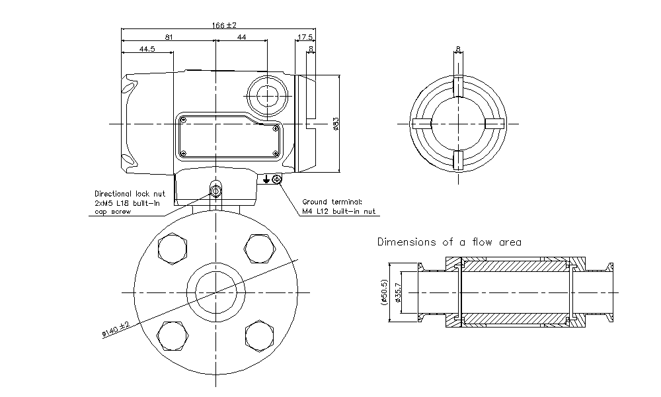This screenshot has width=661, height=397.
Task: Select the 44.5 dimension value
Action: (x=147, y=49)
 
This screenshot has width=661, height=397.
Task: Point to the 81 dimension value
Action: (x=169, y=38)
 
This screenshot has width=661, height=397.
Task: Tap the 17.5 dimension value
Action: (x=305, y=38)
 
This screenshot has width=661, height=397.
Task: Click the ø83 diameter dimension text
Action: (x=336, y=124)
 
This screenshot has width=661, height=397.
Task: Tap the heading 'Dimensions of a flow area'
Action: (x=449, y=242)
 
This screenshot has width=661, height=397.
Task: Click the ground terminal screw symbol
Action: (x=276, y=179)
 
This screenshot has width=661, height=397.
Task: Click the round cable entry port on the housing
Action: (x=267, y=96)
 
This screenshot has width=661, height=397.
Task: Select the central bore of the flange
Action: (x=215, y=291)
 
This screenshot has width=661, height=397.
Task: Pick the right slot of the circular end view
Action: (x=494, y=124)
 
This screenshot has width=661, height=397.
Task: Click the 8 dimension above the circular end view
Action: (x=458, y=49)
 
